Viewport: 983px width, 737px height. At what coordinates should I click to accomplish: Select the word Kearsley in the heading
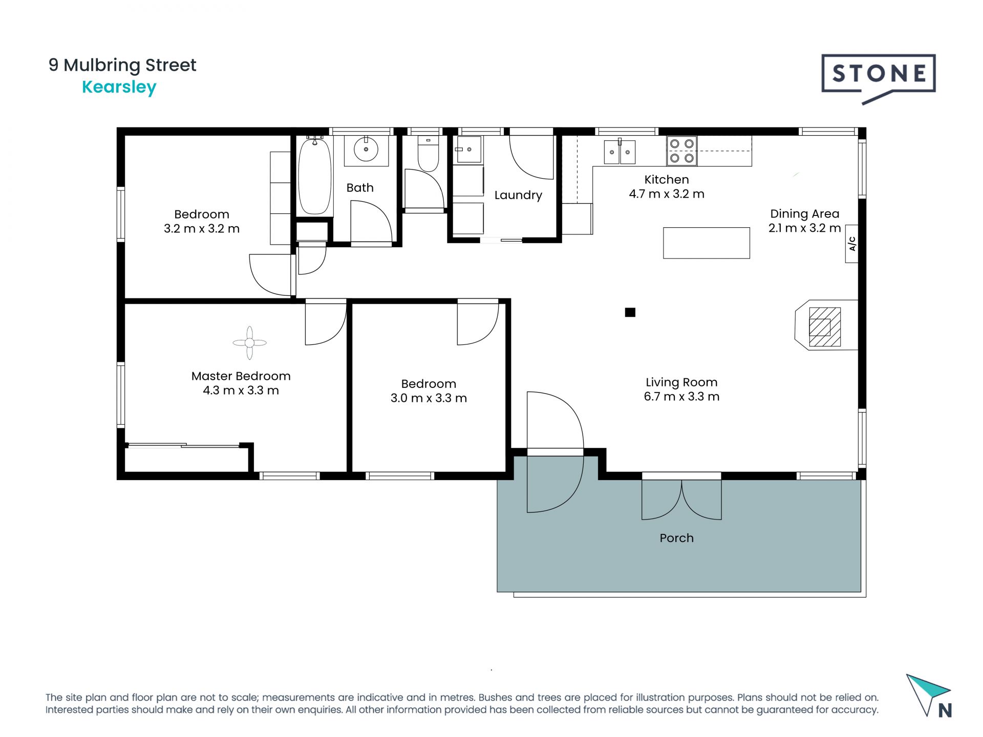(x=119, y=88)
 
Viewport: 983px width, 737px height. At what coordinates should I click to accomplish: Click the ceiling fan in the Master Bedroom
(x=249, y=343)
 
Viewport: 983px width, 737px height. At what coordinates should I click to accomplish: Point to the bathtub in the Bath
(x=314, y=176)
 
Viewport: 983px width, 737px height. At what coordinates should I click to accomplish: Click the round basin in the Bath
(x=366, y=149)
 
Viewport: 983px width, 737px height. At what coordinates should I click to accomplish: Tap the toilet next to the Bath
(x=429, y=154)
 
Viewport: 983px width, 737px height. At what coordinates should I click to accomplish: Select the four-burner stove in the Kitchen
(x=682, y=151)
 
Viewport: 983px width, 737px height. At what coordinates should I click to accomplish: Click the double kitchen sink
(x=619, y=152)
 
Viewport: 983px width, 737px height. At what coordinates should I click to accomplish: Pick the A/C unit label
(x=852, y=244)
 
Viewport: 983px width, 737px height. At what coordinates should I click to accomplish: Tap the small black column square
(x=630, y=312)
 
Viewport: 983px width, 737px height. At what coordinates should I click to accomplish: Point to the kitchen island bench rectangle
(x=707, y=243)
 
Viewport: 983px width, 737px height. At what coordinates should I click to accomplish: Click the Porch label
(x=676, y=538)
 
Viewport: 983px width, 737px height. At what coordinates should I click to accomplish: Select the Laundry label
(x=518, y=195)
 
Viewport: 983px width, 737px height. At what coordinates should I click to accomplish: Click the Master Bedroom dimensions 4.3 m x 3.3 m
(x=241, y=391)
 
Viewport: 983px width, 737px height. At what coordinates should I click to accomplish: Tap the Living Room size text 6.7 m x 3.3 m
(x=681, y=397)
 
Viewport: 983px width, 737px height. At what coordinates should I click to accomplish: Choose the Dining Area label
(x=804, y=214)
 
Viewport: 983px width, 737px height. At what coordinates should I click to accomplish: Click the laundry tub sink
(x=469, y=149)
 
